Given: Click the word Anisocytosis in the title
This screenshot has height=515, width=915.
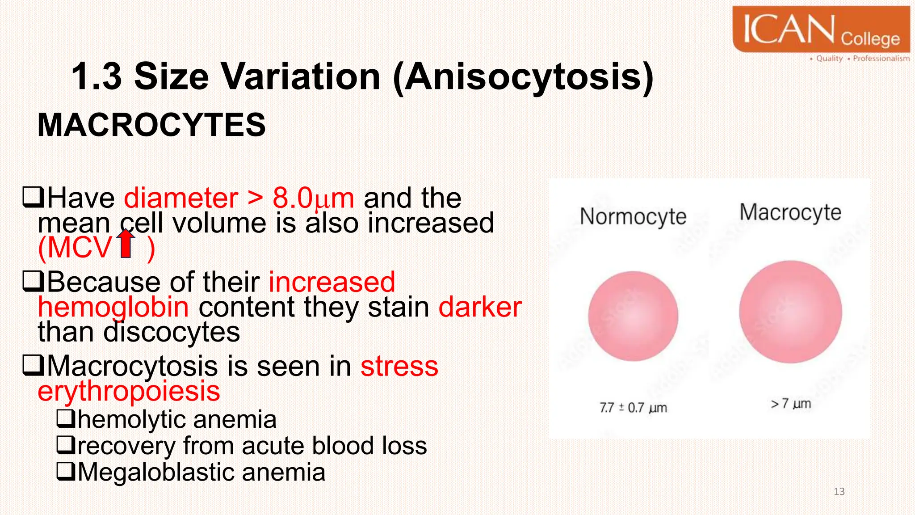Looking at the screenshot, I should coord(524,76).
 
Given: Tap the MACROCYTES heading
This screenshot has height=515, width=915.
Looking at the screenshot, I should coord(151,125).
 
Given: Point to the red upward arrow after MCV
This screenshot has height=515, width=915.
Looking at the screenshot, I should coord(127,244).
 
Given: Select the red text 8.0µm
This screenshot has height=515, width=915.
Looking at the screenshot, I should coord(313,198).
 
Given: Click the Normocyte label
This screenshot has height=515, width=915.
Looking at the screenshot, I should coord(633,216).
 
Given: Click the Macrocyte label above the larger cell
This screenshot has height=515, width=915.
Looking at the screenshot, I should coord(790,212).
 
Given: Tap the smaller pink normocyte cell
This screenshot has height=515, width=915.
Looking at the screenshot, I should coord(633,316).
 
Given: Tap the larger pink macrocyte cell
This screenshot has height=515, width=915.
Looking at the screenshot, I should coord(790,312).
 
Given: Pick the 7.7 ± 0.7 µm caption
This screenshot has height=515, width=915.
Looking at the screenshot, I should coord(633,408).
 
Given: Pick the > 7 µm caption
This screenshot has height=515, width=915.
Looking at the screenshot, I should coord(791,404).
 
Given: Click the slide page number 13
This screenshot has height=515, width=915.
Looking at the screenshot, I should coord(839,492).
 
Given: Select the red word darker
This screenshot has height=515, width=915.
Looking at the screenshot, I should coord(480,307).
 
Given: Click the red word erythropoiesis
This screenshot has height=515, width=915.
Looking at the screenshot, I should coord(129,391).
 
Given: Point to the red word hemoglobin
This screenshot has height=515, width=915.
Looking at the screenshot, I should coord(113,307).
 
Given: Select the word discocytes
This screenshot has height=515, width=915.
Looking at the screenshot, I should coord(172,332).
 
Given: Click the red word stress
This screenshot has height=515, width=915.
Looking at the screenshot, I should coord(399,366).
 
